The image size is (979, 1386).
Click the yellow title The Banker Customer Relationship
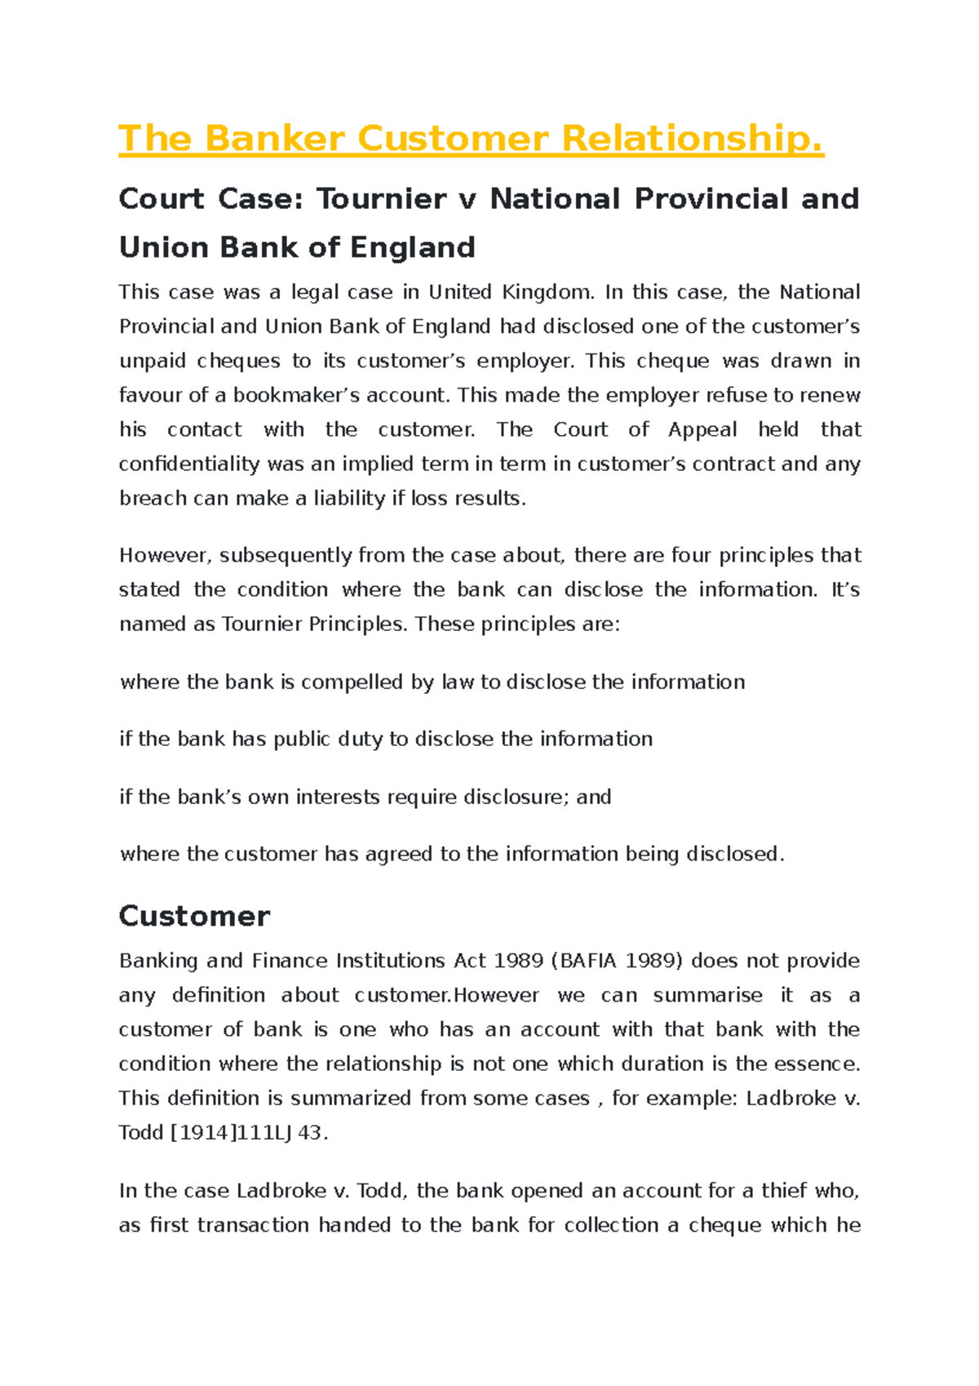pos(471,138)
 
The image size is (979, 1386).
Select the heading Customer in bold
pos(194,916)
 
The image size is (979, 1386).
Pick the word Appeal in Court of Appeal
pos(702,429)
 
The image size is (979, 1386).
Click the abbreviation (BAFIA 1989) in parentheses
pos(618,961)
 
